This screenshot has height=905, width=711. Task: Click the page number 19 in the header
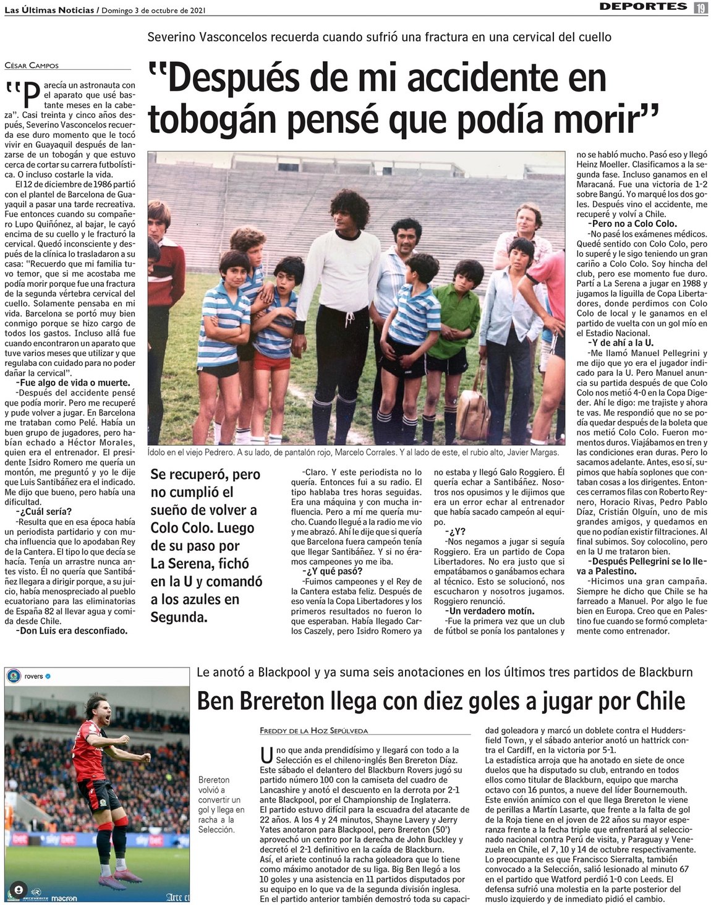click(x=700, y=7)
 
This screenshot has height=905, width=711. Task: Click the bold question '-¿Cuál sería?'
click(x=43, y=512)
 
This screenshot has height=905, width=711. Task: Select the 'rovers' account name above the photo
click(x=33, y=676)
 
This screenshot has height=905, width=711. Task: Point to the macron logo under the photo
click(x=64, y=898)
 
